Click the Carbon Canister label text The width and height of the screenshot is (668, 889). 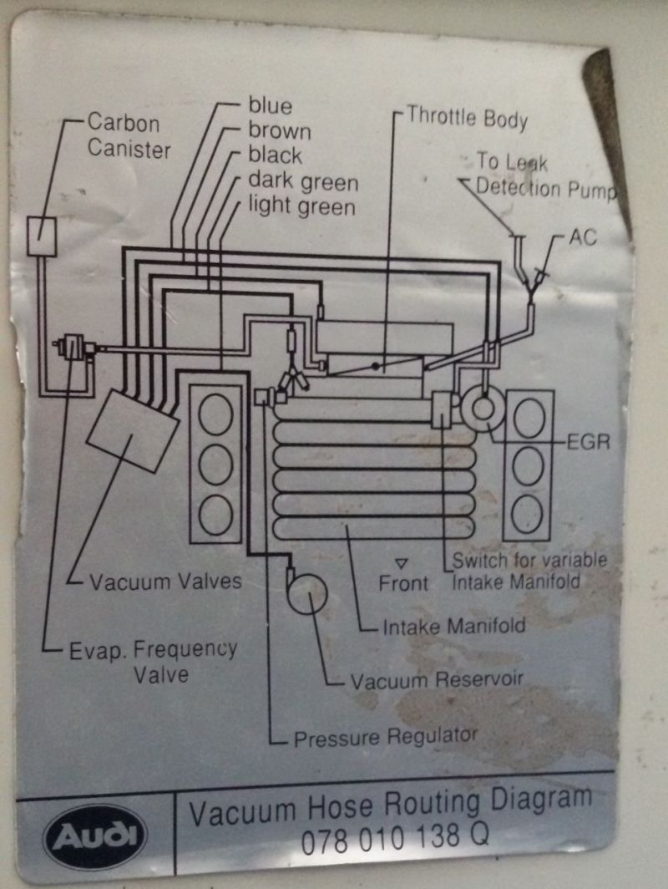[129, 136]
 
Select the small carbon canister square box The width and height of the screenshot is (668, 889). [40, 236]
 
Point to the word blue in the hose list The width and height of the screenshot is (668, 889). [271, 106]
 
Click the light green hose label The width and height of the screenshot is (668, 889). [301, 206]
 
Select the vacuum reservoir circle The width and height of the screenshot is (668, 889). [306, 593]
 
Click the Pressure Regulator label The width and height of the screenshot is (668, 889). [386, 737]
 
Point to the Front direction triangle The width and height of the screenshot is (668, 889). [402, 564]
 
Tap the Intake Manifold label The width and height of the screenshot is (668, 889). [454, 625]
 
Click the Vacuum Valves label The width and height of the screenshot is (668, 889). [165, 581]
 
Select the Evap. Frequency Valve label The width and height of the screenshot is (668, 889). [153, 660]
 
